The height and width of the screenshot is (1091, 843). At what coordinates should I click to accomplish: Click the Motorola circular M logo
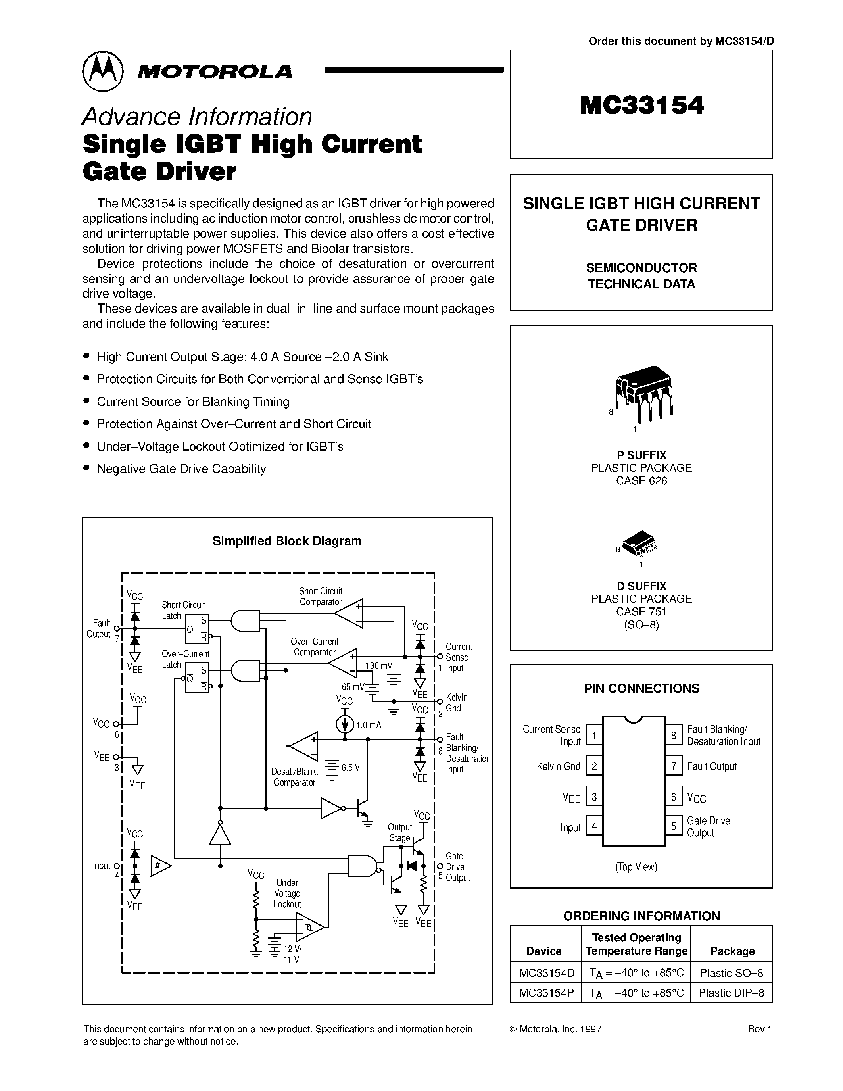(102, 71)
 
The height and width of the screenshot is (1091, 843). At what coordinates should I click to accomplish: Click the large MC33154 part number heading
(642, 106)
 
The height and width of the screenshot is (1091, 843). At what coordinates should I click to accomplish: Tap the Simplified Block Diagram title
(287, 541)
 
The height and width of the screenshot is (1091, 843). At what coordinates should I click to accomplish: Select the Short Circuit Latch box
(196, 629)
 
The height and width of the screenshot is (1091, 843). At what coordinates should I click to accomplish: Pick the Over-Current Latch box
(196, 677)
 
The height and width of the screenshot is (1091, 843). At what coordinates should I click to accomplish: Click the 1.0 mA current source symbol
(345, 724)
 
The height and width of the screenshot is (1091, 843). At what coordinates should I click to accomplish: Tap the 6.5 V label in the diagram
(351, 768)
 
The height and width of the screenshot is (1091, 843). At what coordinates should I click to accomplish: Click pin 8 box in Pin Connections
(674, 735)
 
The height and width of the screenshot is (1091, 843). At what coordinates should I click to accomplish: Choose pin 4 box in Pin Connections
(594, 827)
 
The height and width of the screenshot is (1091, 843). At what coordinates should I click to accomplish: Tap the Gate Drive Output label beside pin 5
(708, 827)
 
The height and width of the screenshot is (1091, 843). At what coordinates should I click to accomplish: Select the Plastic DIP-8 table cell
(732, 993)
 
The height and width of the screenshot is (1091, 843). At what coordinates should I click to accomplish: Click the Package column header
(732, 951)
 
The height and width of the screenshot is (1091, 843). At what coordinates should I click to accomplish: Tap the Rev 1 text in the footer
(760, 1029)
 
